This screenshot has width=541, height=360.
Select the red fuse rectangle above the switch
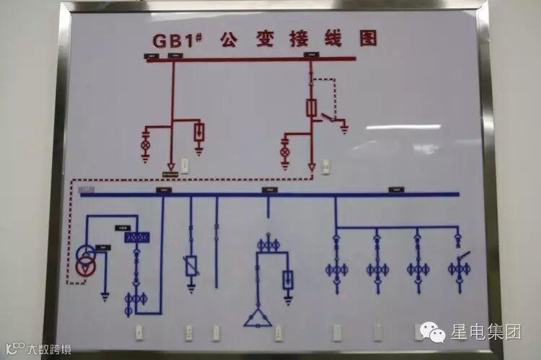tap(312, 108)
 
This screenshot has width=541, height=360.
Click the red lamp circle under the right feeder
tap(284, 151)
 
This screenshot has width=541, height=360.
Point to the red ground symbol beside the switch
tap(345, 130)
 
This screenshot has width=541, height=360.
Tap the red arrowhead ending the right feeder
tap(312, 167)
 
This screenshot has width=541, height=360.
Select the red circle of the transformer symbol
tap(87, 267)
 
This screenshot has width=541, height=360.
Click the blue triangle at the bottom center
tap(258, 317)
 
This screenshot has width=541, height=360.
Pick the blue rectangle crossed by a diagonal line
tap(191, 267)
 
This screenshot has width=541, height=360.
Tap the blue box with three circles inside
tap(135, 237)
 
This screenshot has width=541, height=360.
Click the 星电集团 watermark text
tap(485, 333)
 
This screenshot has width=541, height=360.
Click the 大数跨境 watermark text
tap(49, 350)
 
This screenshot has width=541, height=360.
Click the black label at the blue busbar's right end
tap(396, 190)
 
